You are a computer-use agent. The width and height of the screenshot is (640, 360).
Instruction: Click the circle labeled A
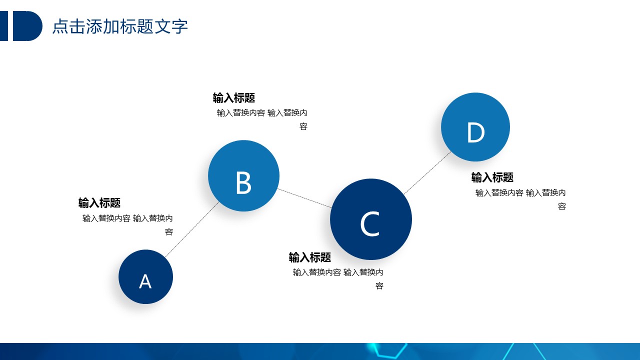pos(145,277)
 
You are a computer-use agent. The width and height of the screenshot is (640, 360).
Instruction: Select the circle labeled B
pos(243,175)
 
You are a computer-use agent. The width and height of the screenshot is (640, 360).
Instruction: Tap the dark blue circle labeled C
pos(371,219)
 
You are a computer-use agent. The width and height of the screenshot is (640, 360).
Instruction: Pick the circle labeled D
pos(475,127)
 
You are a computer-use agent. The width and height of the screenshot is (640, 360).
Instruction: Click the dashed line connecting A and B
pos(192,229)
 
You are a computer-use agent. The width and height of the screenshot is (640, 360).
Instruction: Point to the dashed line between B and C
pos(304,198)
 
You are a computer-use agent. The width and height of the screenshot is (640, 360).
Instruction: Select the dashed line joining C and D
pos(427,173)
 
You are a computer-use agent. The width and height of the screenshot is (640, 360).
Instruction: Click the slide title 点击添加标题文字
pos(120,26)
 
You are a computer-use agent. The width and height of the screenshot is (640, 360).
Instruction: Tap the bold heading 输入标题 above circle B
pos(233,98)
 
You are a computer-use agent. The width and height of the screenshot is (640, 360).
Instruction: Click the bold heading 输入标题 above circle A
pos(99,203)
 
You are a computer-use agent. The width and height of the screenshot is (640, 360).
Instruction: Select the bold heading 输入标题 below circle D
pos(492,177)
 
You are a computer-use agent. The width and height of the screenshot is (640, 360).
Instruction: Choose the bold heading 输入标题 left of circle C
pos(309,257)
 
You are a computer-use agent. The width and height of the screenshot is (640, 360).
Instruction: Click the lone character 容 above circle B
pos(303,126)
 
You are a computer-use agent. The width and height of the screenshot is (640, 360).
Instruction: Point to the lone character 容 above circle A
pos(169,231)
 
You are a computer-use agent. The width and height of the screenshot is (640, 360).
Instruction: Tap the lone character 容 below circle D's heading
pos(562,206)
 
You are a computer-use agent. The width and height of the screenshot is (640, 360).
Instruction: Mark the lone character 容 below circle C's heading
pos(379,285)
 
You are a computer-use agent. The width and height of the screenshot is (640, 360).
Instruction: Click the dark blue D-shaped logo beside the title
pos(27,26)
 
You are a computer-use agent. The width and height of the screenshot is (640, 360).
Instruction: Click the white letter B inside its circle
pos(243,183)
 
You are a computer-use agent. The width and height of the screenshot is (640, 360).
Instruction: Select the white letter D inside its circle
pos(476,132)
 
